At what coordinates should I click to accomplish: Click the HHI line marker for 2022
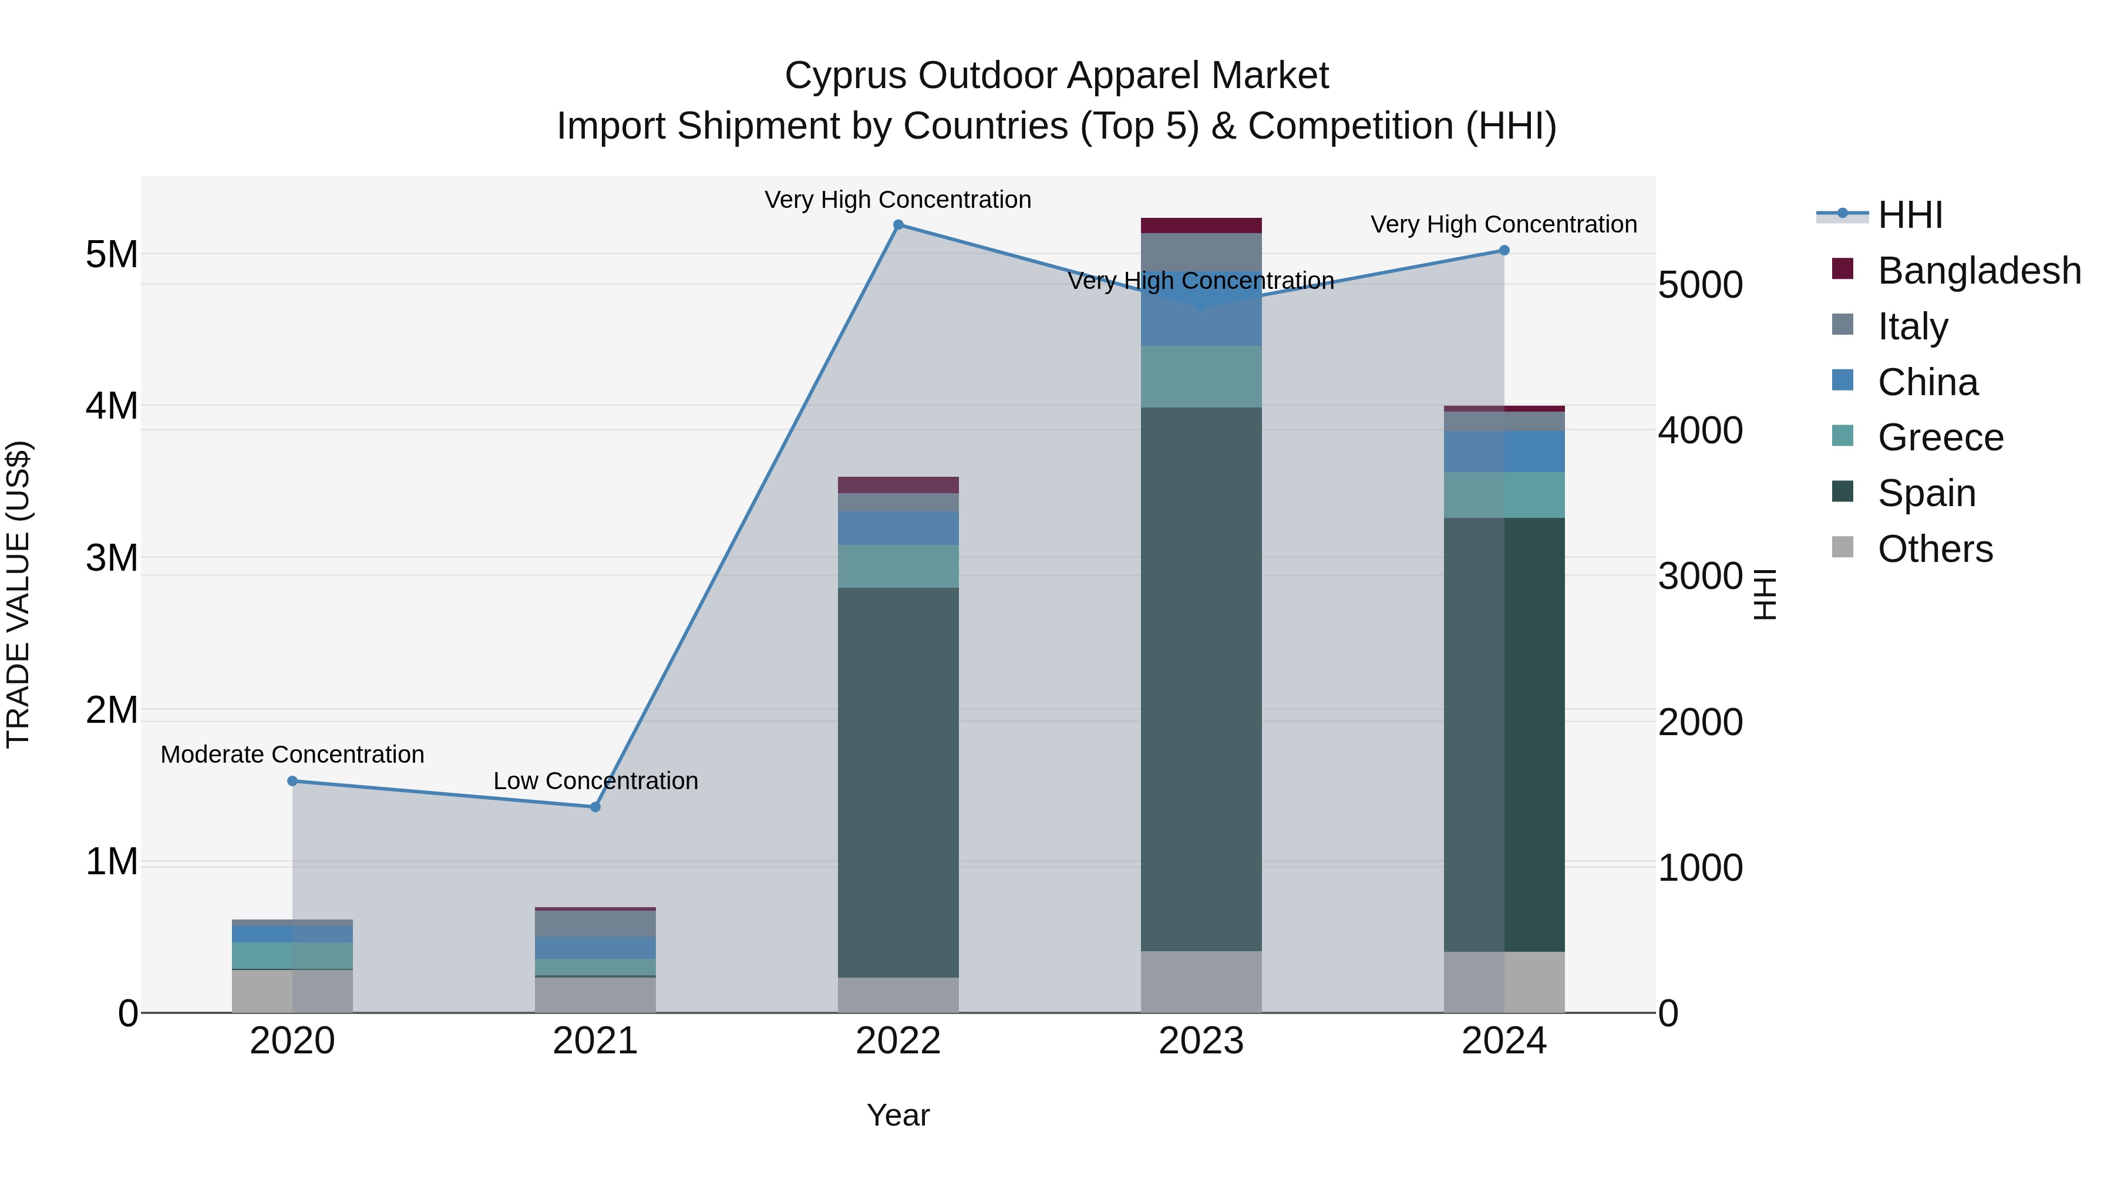click(x=898, y=225)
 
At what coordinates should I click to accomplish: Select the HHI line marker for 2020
click(x=292, y=781)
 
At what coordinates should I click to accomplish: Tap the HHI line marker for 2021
click(x=596, y=807)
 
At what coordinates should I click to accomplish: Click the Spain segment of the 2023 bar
click(x=1201, y=679)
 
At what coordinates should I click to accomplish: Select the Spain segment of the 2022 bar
click(x=898, y=782)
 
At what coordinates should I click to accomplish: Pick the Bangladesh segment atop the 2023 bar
click(x=1201, y=225)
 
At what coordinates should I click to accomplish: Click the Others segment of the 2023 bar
click(x=1201, y=982)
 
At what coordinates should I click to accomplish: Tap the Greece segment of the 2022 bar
click(x=898, y=566)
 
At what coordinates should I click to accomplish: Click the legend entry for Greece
click(x=1940, y=437)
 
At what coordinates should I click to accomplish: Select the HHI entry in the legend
click(x=1910, y=215)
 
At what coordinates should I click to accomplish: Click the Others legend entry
click(x=1934, y=549)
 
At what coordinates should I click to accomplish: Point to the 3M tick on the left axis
click(x=112, y=558)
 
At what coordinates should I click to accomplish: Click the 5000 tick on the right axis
click(x=1699, y=285)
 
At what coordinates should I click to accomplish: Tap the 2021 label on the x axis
click(x=596, y=1041)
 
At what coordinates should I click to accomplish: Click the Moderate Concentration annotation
click(x=292, y=754)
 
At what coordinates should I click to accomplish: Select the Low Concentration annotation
click(x=596, y=780)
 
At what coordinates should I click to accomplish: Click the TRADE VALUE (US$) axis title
click(x=18, y=594)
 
